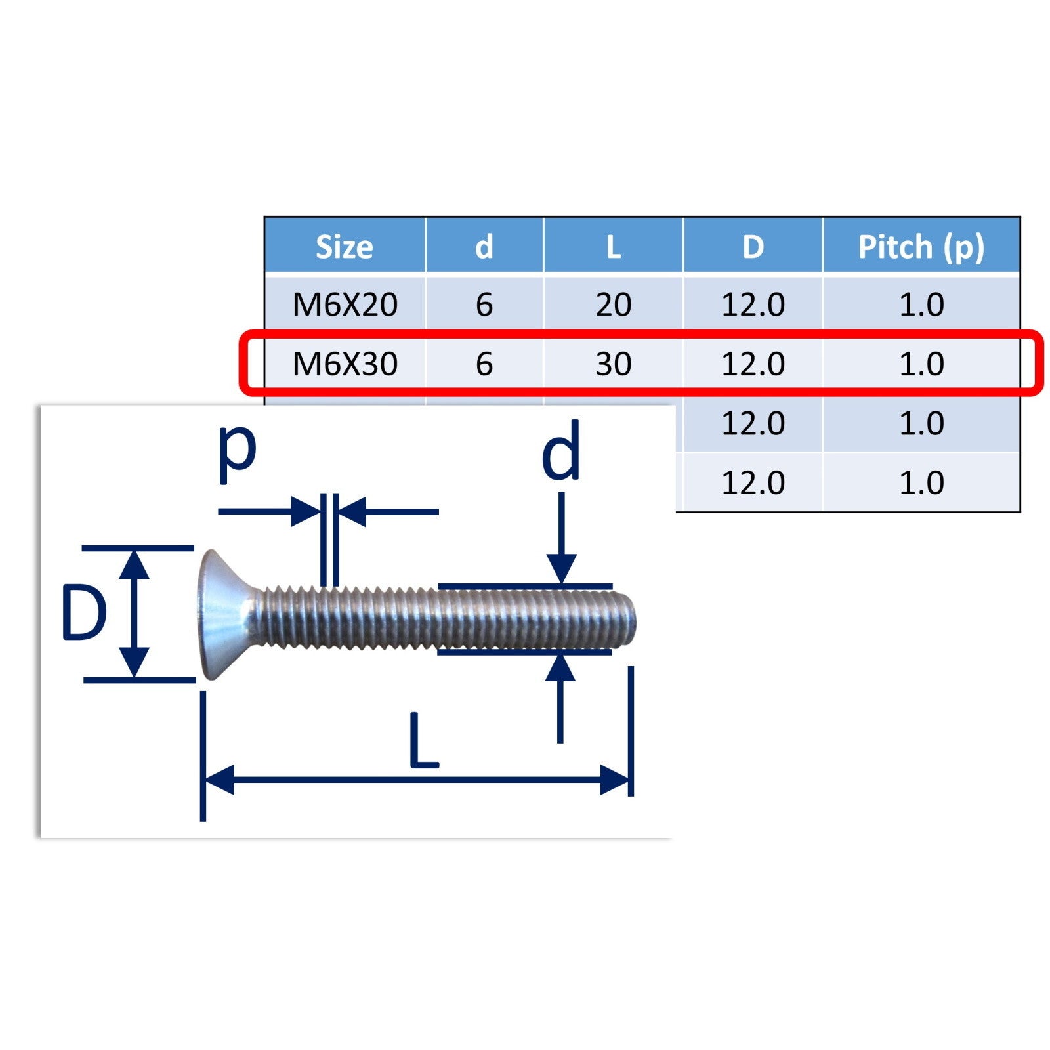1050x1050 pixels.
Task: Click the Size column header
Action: point(345,247)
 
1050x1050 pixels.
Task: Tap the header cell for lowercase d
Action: point(484,247)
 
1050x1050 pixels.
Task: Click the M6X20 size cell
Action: point(345,305)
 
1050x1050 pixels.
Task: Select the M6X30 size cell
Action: point(345,364)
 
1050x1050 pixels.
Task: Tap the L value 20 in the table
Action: point(614,305)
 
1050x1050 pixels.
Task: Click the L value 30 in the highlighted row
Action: point(614,364)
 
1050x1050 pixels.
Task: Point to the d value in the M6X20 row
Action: point(484,305)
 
